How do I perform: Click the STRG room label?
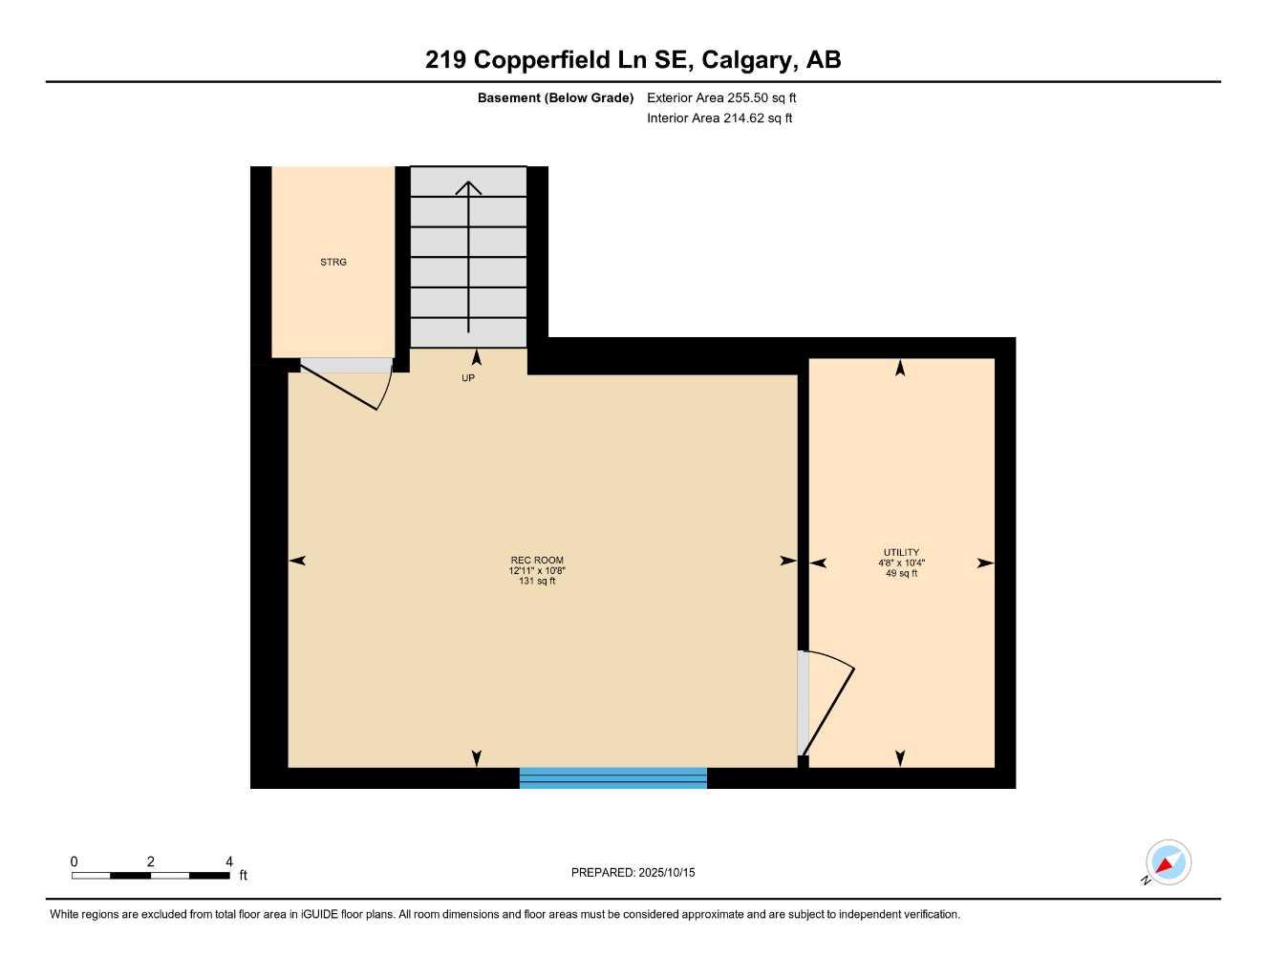333,262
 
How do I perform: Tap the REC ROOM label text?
537,561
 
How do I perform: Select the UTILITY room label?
901,552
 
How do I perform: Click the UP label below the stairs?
468,378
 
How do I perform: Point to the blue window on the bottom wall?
612,777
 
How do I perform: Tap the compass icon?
1168,863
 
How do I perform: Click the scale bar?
150,875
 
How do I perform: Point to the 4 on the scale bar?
229,861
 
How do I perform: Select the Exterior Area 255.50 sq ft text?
721,97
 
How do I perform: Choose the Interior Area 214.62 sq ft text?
719,118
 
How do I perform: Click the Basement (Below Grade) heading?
555,97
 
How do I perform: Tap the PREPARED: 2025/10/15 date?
633,872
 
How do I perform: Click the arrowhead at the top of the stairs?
468,187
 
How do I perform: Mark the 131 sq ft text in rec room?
537,581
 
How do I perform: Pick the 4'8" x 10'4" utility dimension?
901,563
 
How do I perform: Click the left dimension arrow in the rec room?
297,561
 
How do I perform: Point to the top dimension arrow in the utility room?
900,368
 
